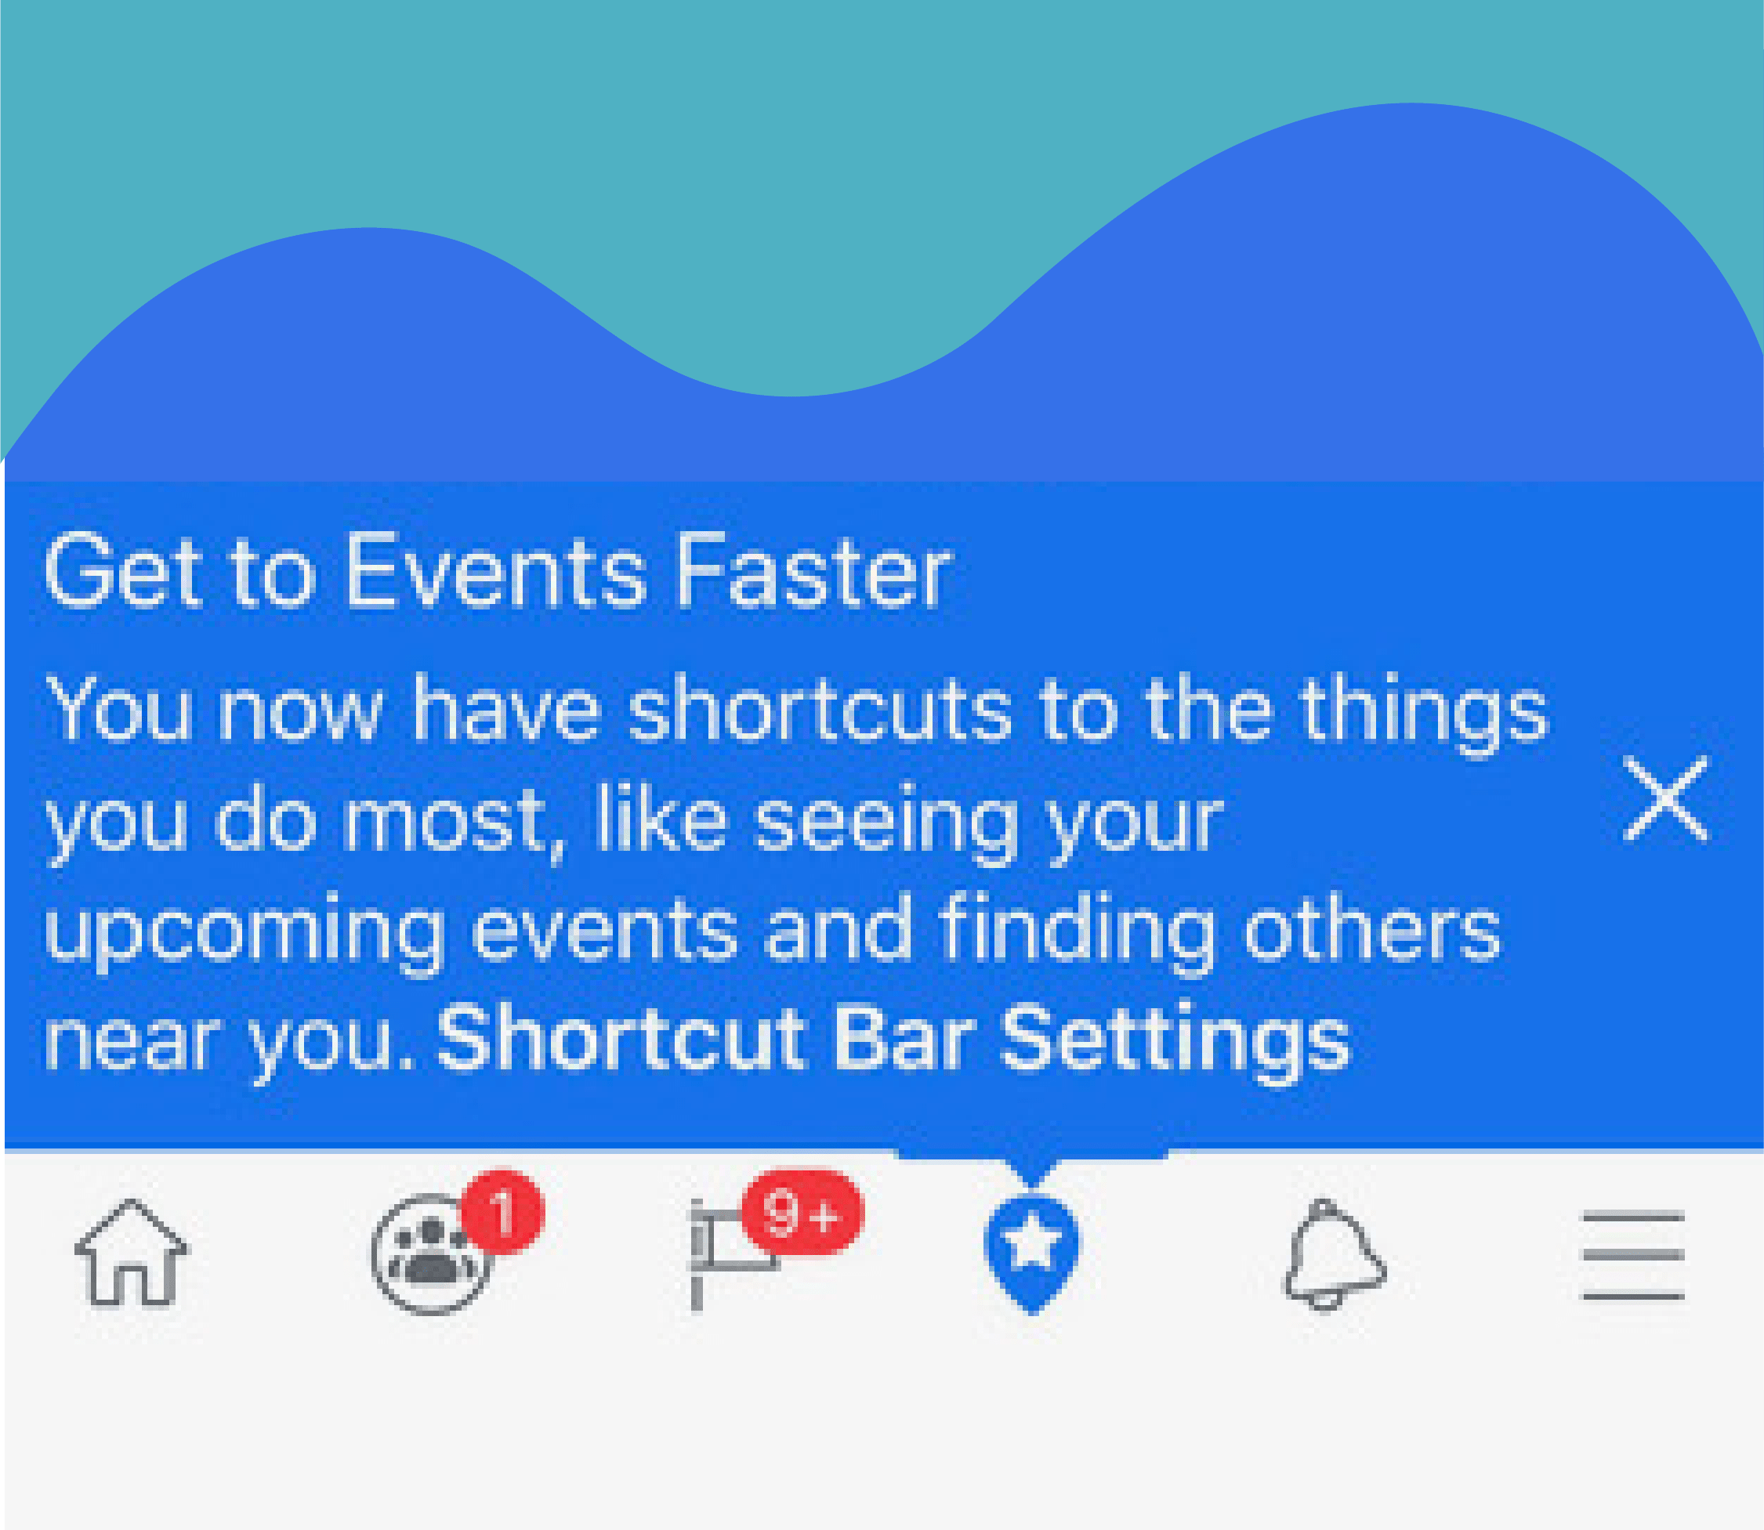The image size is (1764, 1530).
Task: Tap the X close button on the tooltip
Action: tap(1665, 798)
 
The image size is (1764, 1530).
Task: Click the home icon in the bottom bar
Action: tap(132, 1253)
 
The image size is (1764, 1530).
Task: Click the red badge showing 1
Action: tap(502, 1211)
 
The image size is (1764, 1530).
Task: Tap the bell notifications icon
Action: tap(1335, 1255)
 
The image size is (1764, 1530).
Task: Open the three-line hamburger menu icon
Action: tap(1633, 1255)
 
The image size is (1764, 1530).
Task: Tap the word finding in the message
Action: tap(1077, 932)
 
